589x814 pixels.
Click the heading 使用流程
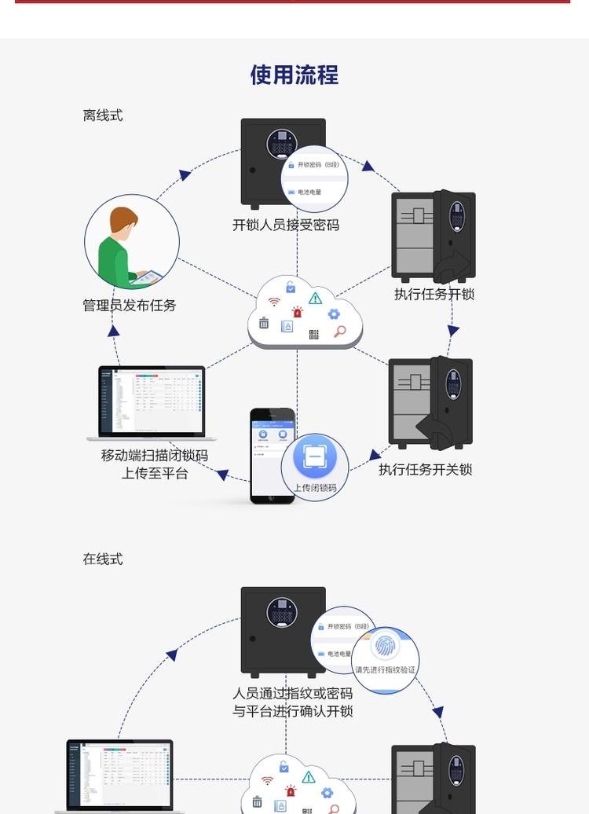pyautogui.click(x=294, y=75)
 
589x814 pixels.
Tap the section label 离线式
pyautogui.click(x=103, y=115)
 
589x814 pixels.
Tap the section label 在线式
pyautogui.click(x=103, y=559)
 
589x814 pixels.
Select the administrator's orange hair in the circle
pyautogui.click(x=124, y=219)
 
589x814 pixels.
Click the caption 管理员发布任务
pyautogui.click(x=130, y=305)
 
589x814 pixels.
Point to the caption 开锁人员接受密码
pyautogui.click(x=286, y=225)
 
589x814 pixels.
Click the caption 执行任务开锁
pyautogui.click(x=434, y=295)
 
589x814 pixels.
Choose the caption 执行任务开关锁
pyautogui.click(x=425, y=470)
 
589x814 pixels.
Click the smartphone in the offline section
pyautogui.click(x=272, y=455)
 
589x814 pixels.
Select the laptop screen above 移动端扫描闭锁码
pyautogui.click(x=152, y=400)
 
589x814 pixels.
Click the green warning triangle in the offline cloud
pyautogui.click(x=315, y=298)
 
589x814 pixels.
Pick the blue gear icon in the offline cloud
pyautogui.click(x=334, y=314)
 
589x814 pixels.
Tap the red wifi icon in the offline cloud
pyautogui.click(x=274, y=302)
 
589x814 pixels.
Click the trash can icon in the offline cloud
pyautogui.click(x=264, y=323)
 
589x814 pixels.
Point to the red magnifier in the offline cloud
pyautogui.click(x=339, y=332)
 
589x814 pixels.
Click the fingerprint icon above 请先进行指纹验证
pyautogui.click(x=385, y=647)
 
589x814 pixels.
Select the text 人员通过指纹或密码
pyautogui.click(x=292, y=694)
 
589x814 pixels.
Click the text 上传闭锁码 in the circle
pyautogui.click(x=315, y=488)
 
